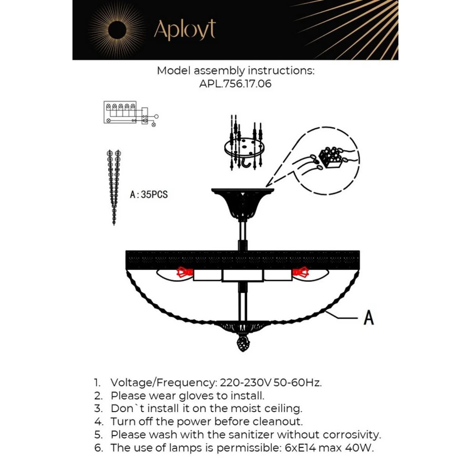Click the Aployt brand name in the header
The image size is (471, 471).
tap(185, 29)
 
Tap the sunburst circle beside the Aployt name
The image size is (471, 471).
tap(117, 30)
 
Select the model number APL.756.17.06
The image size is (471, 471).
tap(235, 84)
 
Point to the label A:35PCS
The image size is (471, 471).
tap(149, 195)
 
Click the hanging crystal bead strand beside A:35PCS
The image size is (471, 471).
tap(114, 187)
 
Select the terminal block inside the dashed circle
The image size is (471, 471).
tap(330, 158)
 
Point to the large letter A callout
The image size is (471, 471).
tap(369, 318)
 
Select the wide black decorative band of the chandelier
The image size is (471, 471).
tap(242, 259)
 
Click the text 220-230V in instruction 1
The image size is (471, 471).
tap(246, 383)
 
